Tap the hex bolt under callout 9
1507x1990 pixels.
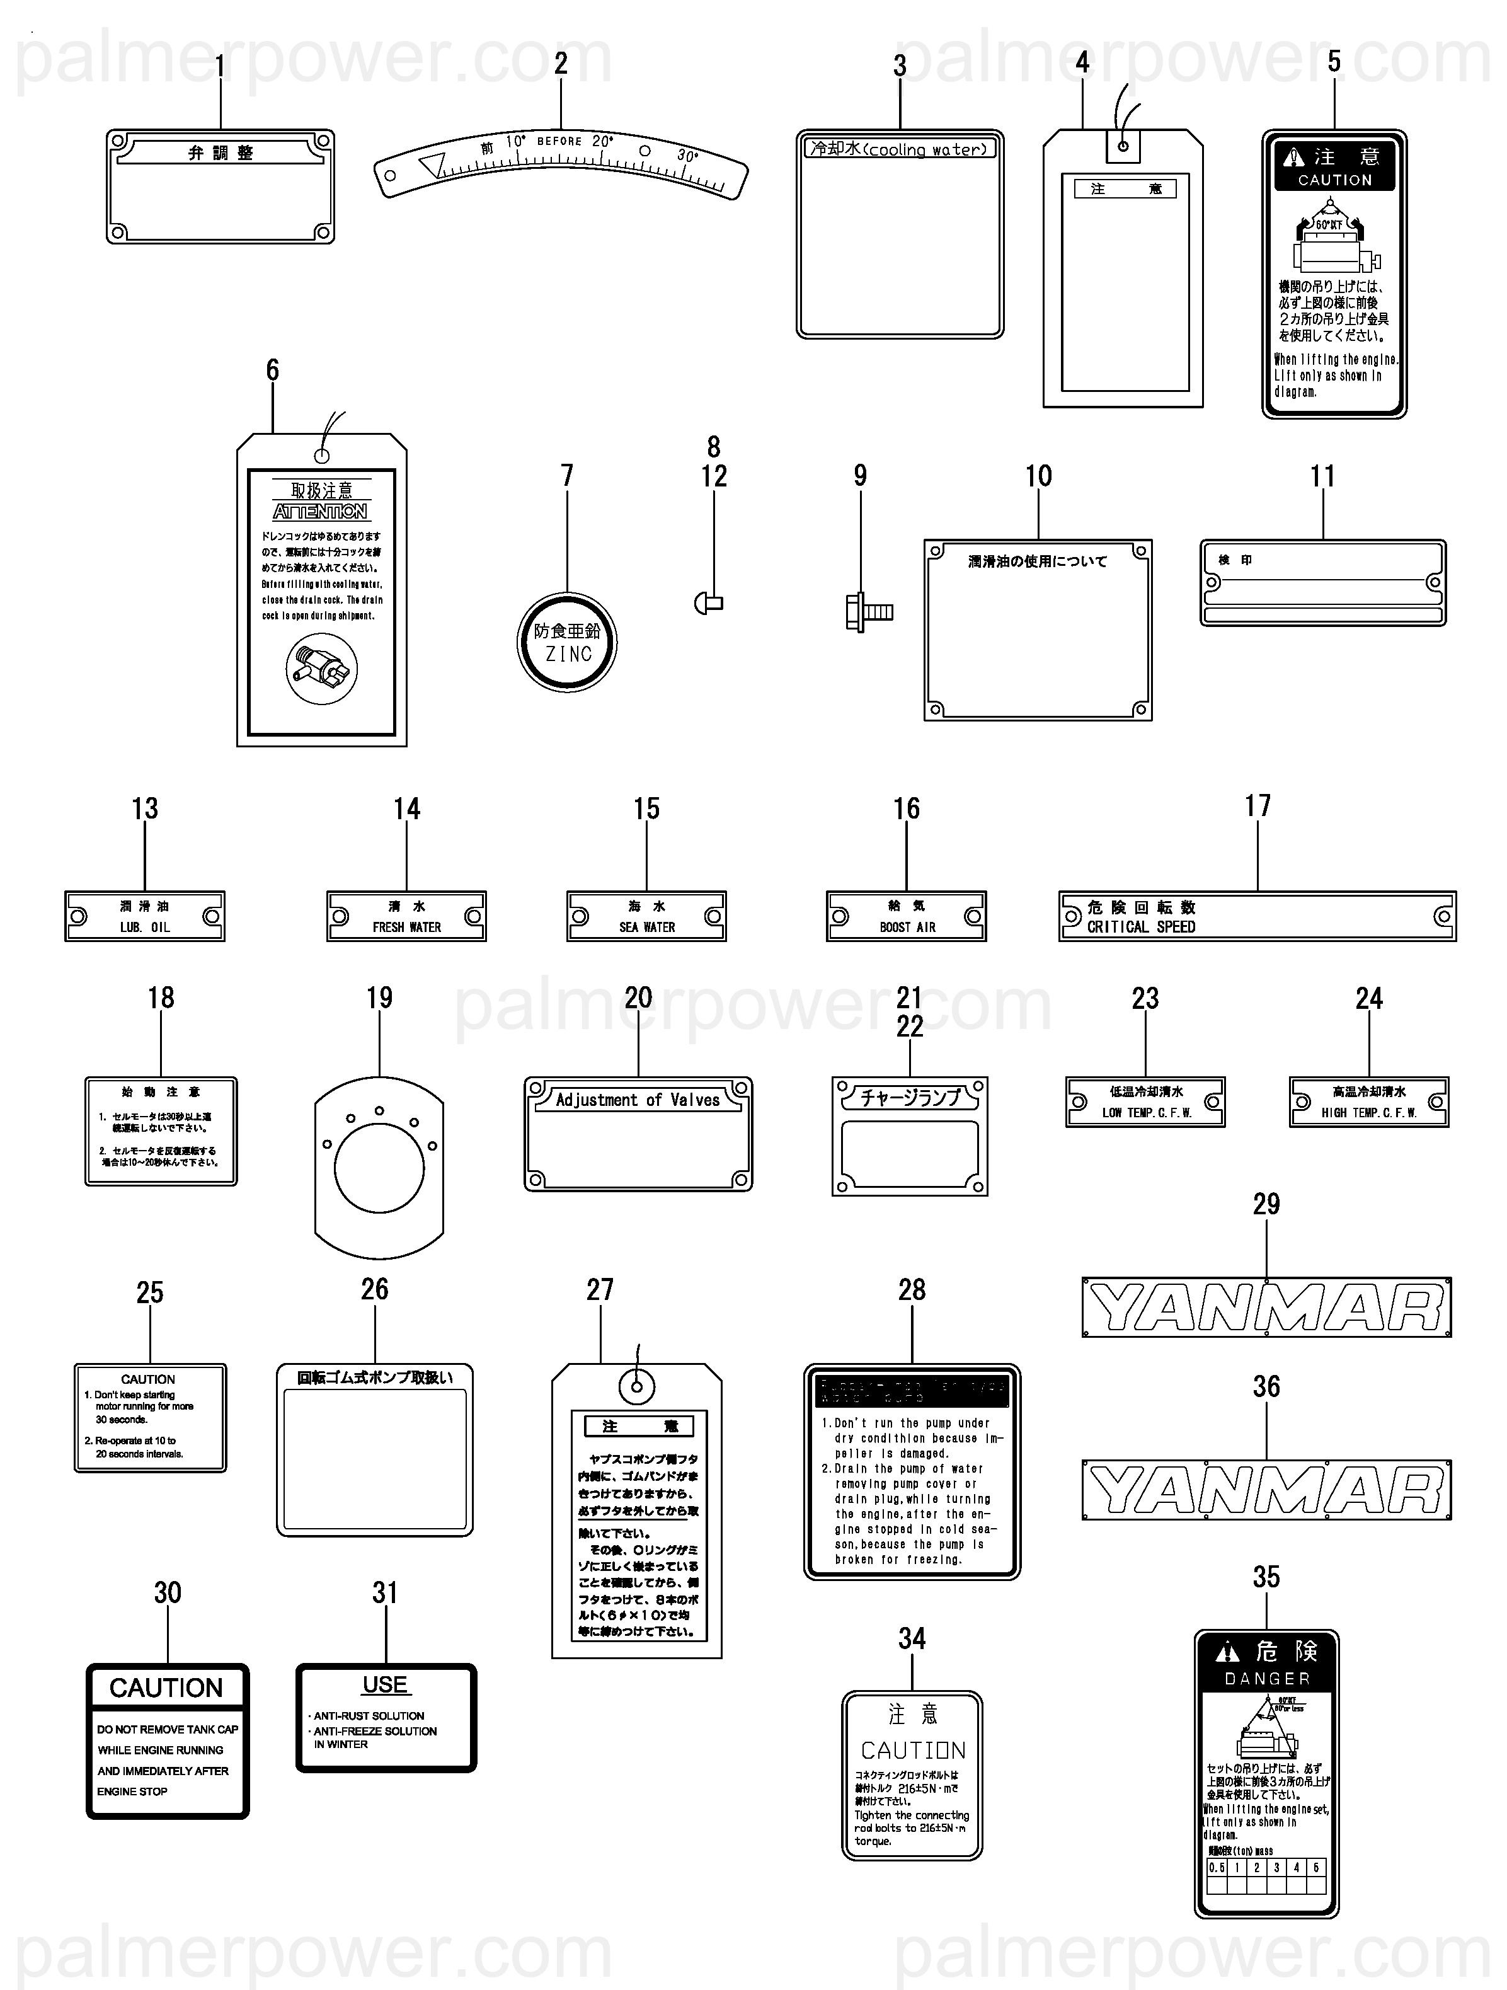tap(868, 612)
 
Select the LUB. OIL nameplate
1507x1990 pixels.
tap(145, 917)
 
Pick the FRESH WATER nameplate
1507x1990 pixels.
tap(406, 917)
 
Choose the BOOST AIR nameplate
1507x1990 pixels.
tap(906, 917)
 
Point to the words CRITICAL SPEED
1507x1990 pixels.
tap(1141, 926)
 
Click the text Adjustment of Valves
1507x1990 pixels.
tap(638, 1100)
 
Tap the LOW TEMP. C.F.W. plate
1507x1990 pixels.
tap(1145, 1102)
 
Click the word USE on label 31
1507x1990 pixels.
tap(385, 1685)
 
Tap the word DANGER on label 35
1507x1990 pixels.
tap(1267, 1679)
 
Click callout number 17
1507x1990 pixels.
tap(1258, 805)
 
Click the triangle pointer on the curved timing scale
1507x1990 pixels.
tap(433, 164)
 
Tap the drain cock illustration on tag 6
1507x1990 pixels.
tap(321, 669)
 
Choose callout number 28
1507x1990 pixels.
tap(912, 1289)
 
